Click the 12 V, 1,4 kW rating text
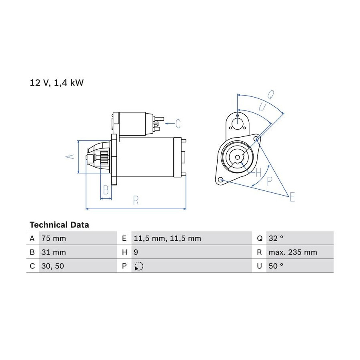[x=57, y=83]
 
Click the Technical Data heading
[x=59, y=225]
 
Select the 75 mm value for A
[x=54, y=238]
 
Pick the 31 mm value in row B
[x=54, y=252]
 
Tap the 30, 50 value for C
[x=53, y=266]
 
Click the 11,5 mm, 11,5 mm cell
[x=168, y=238]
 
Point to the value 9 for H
[x=136, y=252]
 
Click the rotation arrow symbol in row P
[x=139, y=266]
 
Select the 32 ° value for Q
[x=276, y=238]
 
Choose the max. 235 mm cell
[x=293, y=252]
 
